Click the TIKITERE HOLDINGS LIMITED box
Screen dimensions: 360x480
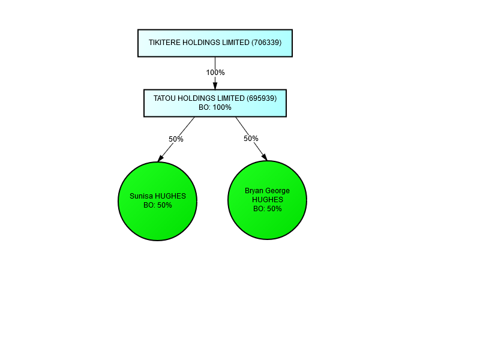[215, 43]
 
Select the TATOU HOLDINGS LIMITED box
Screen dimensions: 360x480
[215, 103]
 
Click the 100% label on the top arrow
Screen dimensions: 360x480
[215, 73]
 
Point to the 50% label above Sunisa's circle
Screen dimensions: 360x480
[176, 139]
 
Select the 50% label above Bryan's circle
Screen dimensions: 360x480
[251, 139]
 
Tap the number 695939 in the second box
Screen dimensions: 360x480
[262, 98]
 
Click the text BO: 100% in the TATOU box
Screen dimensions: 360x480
[215, 107]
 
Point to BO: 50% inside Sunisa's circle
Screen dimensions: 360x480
[158, 205]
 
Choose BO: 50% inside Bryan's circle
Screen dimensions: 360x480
[268, 209]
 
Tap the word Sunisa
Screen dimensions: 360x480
[142, 196]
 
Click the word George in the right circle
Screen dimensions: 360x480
[277, 191]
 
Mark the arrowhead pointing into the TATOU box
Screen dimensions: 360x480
[215, 86]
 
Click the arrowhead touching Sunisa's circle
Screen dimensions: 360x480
[161, 158]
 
